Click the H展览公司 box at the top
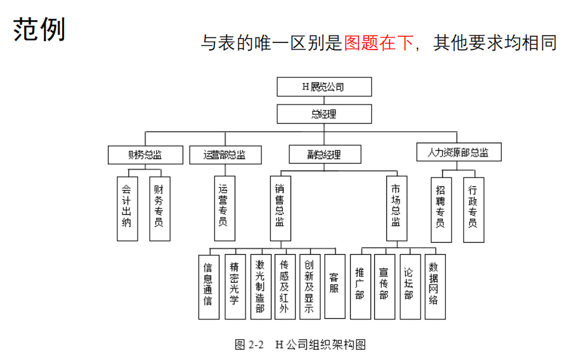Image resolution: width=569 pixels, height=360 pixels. [x=324, y=87]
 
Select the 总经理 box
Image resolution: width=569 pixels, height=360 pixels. [x=324, y=114]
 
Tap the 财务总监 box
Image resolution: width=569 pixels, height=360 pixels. [x=145, y=155]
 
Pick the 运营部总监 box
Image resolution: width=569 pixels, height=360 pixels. [x=225, y=155]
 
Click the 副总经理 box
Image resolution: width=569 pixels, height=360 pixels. [x=324, y=155]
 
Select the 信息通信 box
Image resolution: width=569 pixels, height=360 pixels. [x=208, y=286]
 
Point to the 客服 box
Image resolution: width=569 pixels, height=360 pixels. [x=334, y=286]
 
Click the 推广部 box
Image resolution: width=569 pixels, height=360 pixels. [x=360, y=286]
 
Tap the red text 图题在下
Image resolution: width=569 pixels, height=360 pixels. [x=378, y=43]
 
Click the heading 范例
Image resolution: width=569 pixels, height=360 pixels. [x=39, y=30]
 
